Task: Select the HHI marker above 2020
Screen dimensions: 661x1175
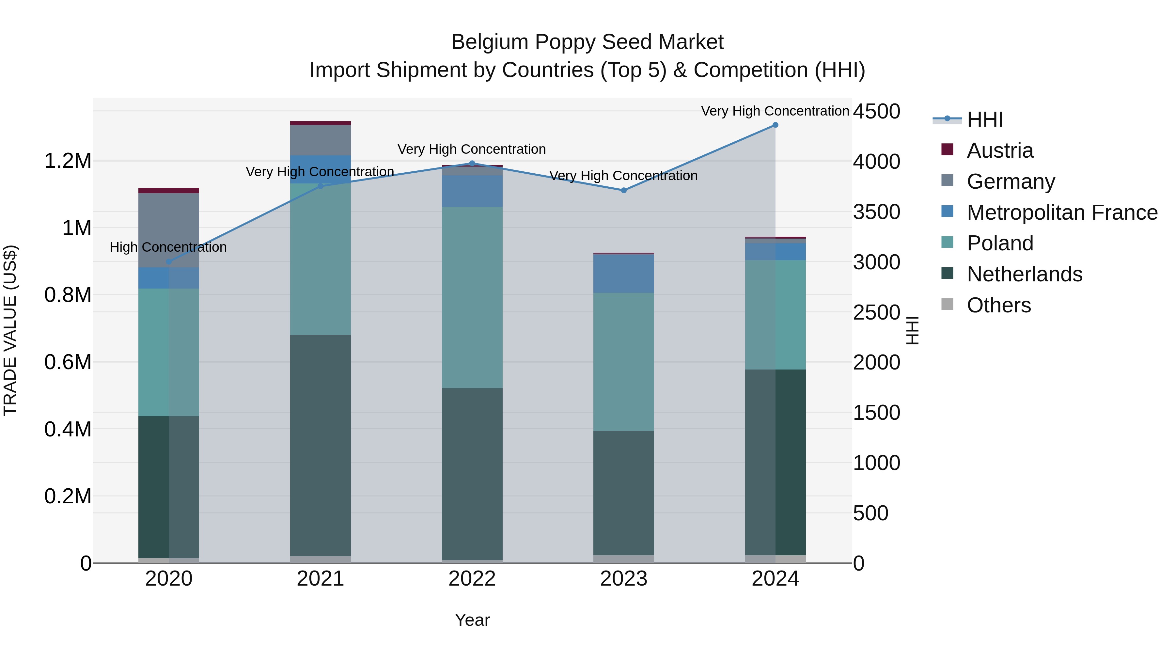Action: [x=169, y=261]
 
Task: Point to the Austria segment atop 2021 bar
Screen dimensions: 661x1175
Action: [x=320, y=123]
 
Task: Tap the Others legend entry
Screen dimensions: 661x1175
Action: [x=998, y=305]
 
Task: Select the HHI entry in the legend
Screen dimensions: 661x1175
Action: [x=984, y=119]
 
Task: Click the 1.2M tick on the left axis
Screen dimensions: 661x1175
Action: [x=68, y=161]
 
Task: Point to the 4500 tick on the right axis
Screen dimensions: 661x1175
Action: [x=876, y=111]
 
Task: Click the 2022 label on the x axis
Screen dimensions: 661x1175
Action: [x=472, y=579]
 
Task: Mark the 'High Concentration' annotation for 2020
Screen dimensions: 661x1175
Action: [x=168, y=247]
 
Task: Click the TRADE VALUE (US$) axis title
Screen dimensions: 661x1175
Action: [x=10, y=330]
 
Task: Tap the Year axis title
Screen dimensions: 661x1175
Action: [x=472, y=620]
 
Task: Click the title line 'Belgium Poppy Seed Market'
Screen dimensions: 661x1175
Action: [x=587, y=42]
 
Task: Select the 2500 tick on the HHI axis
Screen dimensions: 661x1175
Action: [x=876, y=312]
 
